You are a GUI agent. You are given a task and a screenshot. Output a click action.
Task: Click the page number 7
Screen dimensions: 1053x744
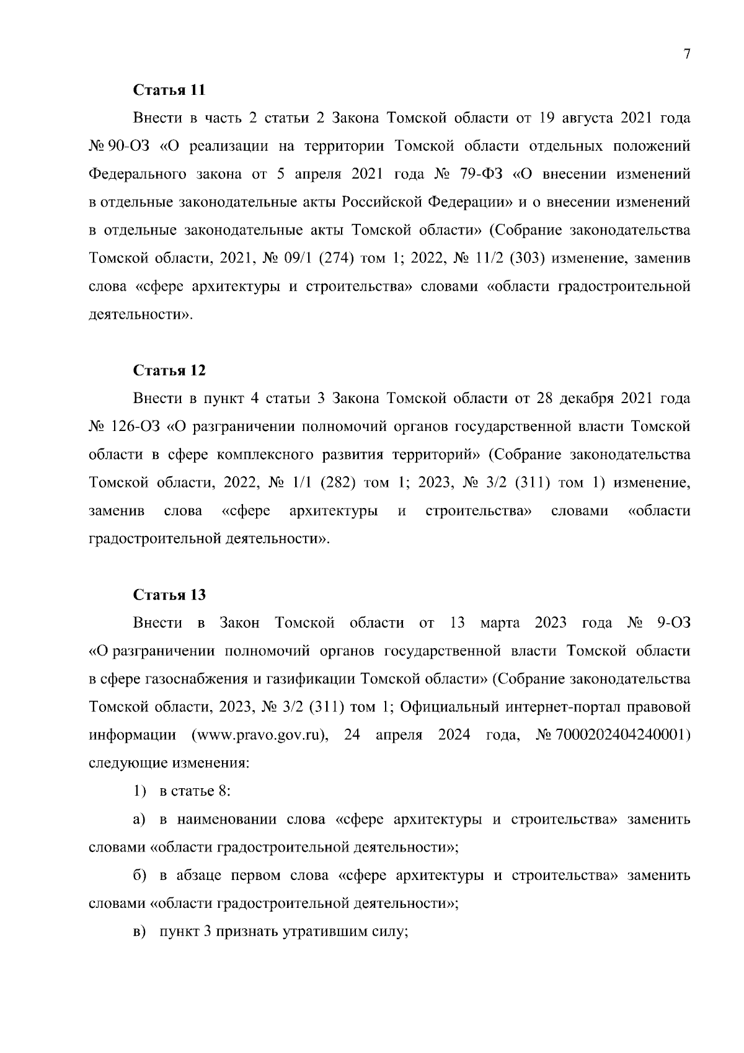(x=686, y=55)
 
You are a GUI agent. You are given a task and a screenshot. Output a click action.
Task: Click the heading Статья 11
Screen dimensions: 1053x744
(x=169, y=89)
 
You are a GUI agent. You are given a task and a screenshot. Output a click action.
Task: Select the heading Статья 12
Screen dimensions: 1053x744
(x=169, y=370)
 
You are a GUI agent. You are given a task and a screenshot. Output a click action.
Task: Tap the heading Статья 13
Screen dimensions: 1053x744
(x=169, y=595)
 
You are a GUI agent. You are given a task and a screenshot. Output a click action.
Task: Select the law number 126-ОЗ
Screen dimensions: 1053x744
(x=136, y=427)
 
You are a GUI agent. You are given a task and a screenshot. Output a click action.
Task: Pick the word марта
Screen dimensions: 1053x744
(x=500, y=623)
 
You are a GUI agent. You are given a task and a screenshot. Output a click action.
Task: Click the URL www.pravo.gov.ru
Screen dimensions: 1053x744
(x=259, y=735)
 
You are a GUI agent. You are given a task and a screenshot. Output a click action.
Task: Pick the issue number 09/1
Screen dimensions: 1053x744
(x=281, y=258)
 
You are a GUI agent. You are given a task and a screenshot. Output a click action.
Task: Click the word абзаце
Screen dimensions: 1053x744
(x=198, y=876)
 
